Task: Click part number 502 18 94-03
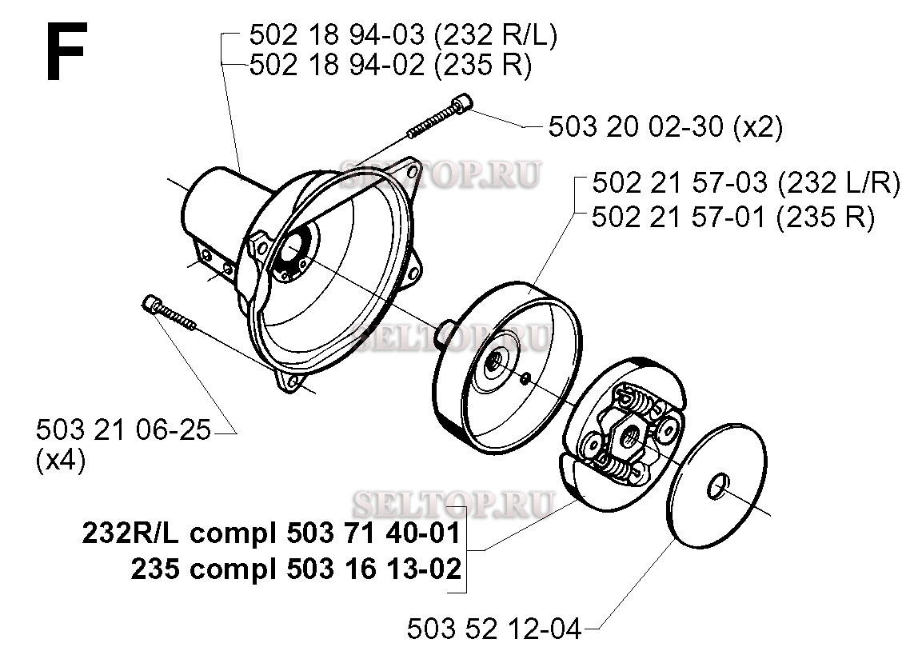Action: click(337, 35)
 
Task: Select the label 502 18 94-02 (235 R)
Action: click(390, 65)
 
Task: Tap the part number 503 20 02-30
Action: click(636, 126)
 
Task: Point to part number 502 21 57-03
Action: click(680, 183)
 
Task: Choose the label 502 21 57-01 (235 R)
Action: click(733, 218)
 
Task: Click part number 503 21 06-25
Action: click(123, 430)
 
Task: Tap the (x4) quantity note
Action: click(60, 461)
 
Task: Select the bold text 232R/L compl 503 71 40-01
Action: click(271, 533)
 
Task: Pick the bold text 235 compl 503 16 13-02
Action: click(296, 568)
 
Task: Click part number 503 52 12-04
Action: click(494, 629)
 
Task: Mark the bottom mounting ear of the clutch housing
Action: click(289, 381)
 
